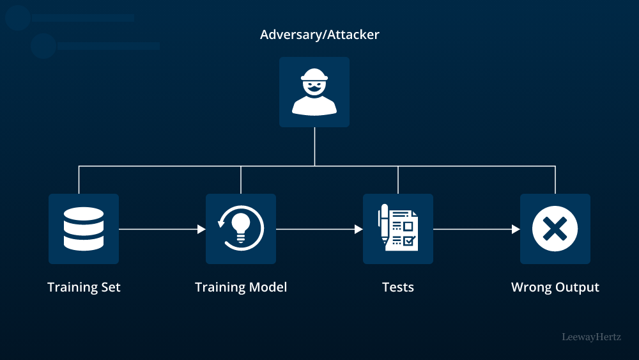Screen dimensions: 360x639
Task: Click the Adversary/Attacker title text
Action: [x=319, y=35]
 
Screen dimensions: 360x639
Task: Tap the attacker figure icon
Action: [x=314, y=92]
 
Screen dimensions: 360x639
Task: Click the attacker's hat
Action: [x=314, y=75]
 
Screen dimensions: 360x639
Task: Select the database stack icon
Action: [x=84, y=228]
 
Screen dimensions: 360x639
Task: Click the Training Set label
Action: [x=84, y=287]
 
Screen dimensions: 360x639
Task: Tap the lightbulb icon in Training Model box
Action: [x=241, y=227]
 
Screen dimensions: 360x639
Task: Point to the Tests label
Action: [x=398, y=287]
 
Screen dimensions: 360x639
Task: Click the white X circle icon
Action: [x=555, y=228]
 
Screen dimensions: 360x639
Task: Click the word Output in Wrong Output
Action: [x=577, y=287]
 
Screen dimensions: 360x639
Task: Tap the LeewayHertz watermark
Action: [x=591, y=336]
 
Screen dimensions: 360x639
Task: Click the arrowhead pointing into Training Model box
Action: [x=201, y=229]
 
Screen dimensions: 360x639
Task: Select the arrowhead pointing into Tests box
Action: [x=358, y=229]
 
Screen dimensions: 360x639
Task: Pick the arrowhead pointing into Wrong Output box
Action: [x=516, y=229]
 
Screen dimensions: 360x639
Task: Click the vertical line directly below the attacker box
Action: [x=314, y=146]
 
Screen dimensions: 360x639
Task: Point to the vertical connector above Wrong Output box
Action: [x=555, y=180]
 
